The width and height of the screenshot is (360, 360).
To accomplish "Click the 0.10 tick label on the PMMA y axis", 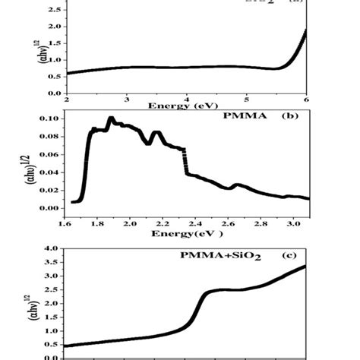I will click(48, 118).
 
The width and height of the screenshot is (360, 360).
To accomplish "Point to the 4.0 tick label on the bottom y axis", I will click(50, 248).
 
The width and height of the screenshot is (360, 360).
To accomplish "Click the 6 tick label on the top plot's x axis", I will click(306, 99).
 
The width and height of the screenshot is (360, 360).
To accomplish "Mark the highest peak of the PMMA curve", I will click(111, 119).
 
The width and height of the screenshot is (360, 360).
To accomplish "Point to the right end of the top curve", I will click(305, 32).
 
